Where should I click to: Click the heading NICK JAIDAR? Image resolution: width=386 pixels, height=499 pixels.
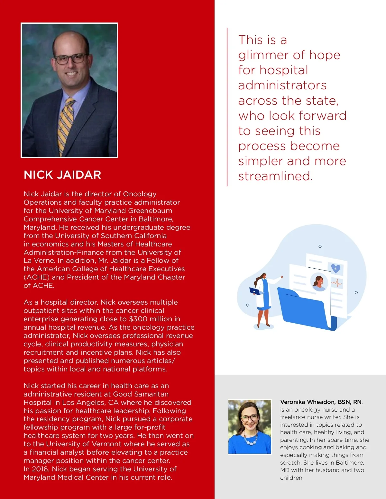click(62, 175)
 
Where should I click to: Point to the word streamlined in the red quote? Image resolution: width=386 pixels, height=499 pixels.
click(275, 176)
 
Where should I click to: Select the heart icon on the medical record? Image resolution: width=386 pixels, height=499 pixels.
click(335, 268)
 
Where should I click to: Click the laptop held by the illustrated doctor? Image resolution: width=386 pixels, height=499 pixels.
click(256, 291)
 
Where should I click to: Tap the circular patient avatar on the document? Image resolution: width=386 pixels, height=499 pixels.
click(319, 282)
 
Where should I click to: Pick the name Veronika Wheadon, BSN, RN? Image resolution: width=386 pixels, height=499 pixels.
click(321, 402)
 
